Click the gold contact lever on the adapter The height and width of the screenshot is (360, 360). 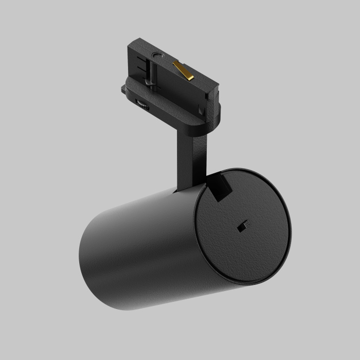tap(184, 70)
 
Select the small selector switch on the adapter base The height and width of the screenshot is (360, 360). tap(142, 105)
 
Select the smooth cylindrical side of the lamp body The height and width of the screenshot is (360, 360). tap(139, 242)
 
